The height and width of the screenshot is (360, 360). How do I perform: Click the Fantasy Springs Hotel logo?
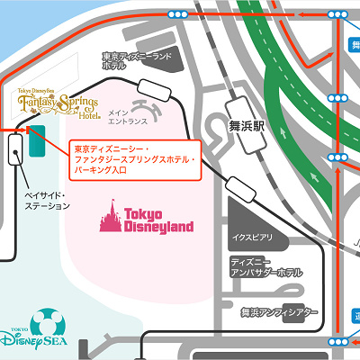58,106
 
